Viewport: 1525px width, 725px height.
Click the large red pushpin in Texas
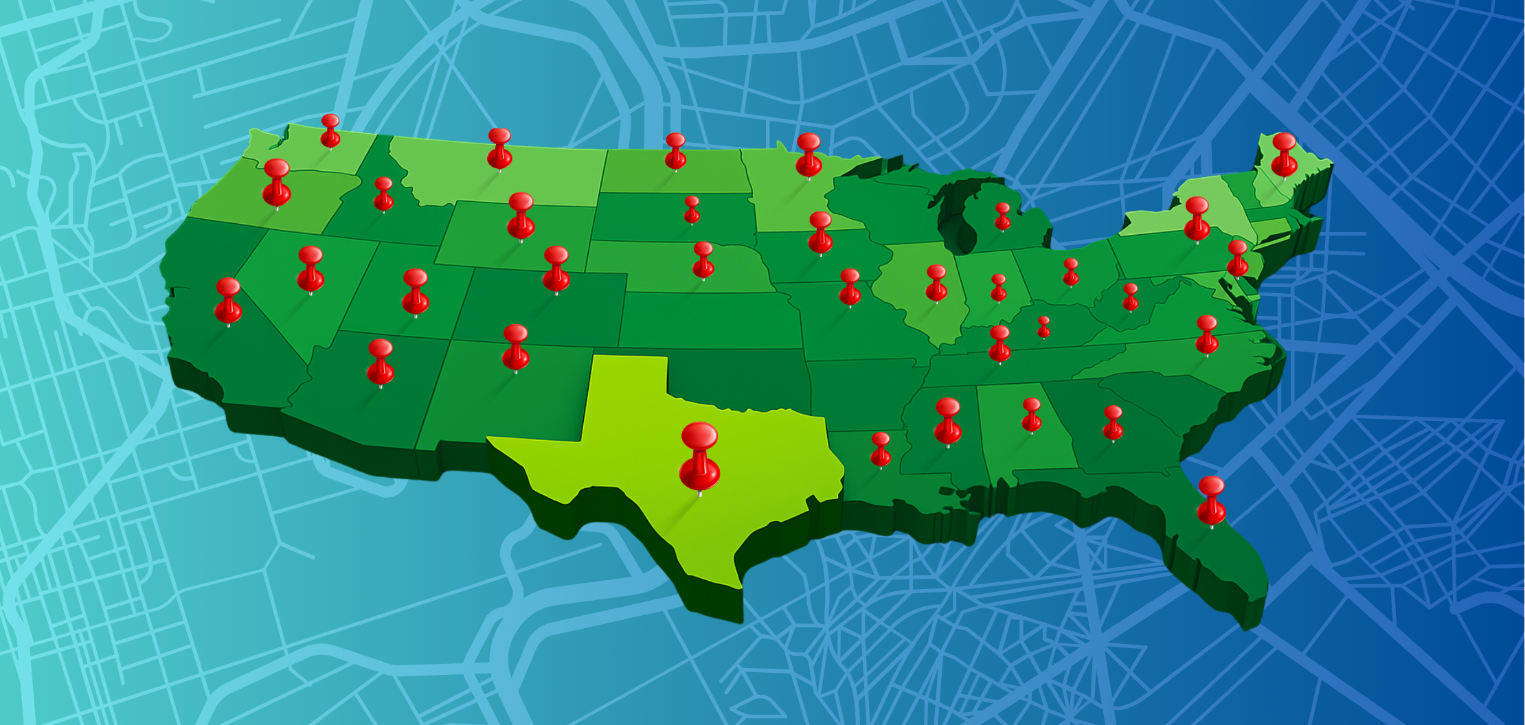point(699,454)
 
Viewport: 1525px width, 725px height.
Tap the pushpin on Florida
point(1211,500)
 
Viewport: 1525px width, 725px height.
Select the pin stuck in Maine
point(1283,154)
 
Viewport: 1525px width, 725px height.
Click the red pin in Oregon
point(276,181)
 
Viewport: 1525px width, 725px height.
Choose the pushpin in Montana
point(499,148)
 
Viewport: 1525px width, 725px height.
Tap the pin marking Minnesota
point(809,154)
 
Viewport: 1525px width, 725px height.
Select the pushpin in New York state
point(1197,218)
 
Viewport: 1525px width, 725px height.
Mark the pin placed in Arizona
point(381,361)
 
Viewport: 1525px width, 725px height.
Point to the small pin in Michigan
point(1002,216)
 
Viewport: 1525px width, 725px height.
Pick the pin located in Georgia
point(1113,422)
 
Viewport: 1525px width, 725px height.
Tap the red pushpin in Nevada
point(310,268)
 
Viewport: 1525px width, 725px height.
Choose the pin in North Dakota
point(675,150)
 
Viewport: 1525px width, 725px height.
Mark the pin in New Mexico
point(515,347)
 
